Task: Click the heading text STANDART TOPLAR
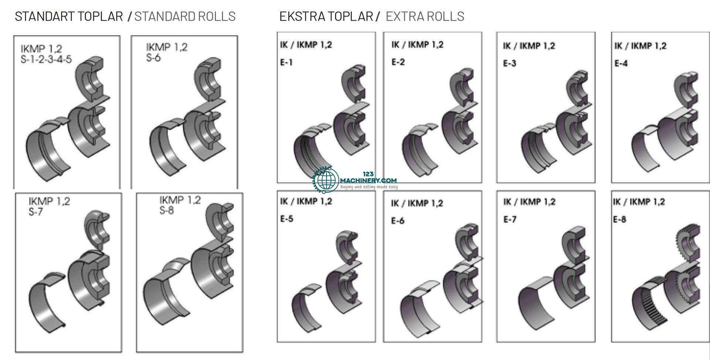coord(69,16)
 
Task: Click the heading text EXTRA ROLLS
coord(425,16)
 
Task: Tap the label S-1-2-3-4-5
coord(46,59)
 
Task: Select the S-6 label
coord(153,58)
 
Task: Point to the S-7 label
coord(36,212)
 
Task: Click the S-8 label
coord(167,211)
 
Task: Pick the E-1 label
coord(286,62)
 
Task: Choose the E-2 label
coord(398,62)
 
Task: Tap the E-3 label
coord(509,63)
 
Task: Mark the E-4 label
coord(621,63)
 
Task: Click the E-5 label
coord(287,219)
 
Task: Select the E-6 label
coord(398,221)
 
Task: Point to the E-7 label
coord(510,219)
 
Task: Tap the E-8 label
coord(619,219)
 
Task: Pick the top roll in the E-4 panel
coord(686,91)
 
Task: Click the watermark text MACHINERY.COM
coord(368,180)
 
